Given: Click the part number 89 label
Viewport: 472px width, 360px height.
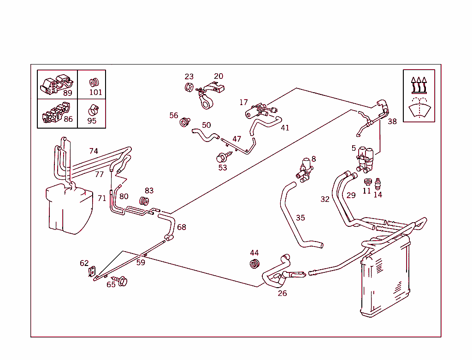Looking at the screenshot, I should (x=68, y=93).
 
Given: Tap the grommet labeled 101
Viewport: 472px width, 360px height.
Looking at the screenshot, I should (x=94, y=83).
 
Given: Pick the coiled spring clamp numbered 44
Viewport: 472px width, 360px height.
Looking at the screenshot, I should (x=254, y=263).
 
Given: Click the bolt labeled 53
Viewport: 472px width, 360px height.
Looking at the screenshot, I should (x=222, y=158).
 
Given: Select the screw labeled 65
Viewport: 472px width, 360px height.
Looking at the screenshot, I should (x=122, y=280).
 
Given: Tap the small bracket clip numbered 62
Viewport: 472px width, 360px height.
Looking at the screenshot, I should (x=91, y=272).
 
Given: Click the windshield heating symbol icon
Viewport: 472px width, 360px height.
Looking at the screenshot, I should (x=419, y=96).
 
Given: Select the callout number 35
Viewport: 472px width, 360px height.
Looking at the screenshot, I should (x=301, y=218).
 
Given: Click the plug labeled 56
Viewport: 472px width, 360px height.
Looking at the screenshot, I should (x=185, y=122).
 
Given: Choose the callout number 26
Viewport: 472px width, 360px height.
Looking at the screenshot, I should (x=282, y=293).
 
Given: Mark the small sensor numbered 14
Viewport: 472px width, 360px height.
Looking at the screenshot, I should (x=378, y=183).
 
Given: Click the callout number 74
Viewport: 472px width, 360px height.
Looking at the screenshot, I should (x=94, y=151).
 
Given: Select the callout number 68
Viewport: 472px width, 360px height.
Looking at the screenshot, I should (x=182, y=227).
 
